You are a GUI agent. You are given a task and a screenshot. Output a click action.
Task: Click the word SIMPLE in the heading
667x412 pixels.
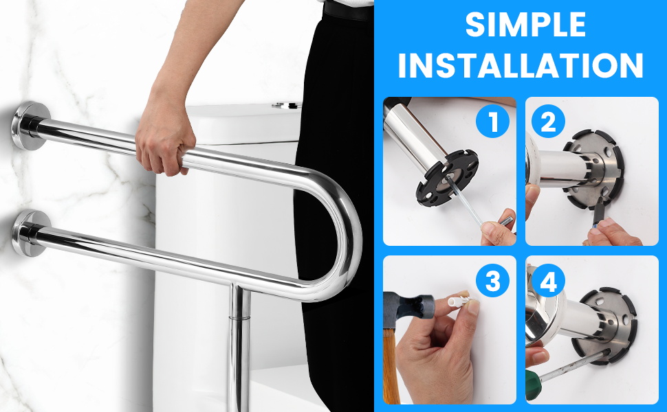(x=525, y=25)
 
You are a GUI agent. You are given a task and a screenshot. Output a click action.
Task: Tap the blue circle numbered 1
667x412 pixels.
(x=492, y=122)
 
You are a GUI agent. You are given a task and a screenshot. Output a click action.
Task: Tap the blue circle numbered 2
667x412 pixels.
(x=548, y=122)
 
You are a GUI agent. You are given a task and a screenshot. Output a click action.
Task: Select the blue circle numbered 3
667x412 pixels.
(x=492, y=281)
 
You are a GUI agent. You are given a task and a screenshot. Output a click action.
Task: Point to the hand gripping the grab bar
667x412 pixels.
(x=162, y=144)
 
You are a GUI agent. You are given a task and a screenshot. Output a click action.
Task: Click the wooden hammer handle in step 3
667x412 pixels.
(x=391, y=371)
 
